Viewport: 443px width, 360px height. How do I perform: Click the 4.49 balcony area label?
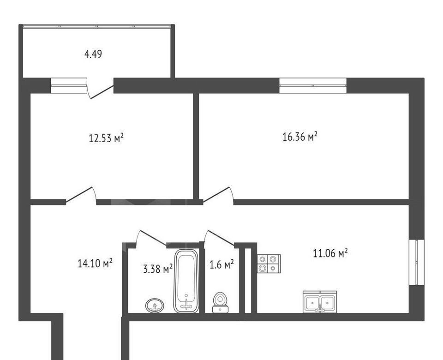(93, 54)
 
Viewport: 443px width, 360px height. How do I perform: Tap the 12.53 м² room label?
(106, 138)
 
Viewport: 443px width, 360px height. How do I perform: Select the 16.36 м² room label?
(300, 137)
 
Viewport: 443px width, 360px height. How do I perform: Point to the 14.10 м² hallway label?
(95, 264)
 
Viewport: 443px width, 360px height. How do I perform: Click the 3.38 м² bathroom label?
(158, 269)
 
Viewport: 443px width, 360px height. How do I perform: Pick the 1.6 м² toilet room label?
(222, 265)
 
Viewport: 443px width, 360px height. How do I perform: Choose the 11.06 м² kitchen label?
(330, 253)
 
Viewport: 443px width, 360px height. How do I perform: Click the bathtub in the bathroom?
(186, 281)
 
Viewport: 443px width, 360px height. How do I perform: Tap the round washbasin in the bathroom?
(155, 306)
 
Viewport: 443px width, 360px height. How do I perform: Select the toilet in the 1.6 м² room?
(221, 303)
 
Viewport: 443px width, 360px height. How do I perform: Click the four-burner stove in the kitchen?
(269, 264)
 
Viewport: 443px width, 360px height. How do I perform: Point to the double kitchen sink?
(320, 302)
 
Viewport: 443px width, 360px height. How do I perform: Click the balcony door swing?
(100, 89)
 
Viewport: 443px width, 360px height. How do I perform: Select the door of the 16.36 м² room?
(218, 195)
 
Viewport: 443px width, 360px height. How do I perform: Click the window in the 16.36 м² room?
(313, 85)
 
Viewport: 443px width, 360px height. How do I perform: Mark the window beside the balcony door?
(69, 85)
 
